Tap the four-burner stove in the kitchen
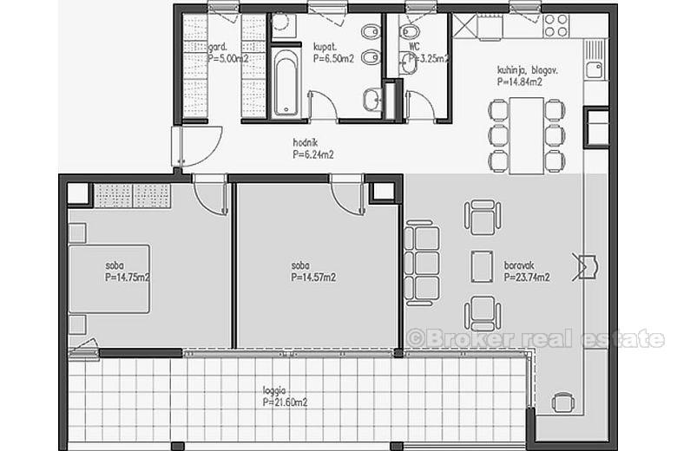click(555, 26)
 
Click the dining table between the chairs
click(526, 135)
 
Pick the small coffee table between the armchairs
click(482, 265)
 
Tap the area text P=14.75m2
click(128, 278)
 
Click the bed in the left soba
click(109, 278)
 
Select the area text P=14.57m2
click(313, 278)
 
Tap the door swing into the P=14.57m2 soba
click(347, 196)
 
